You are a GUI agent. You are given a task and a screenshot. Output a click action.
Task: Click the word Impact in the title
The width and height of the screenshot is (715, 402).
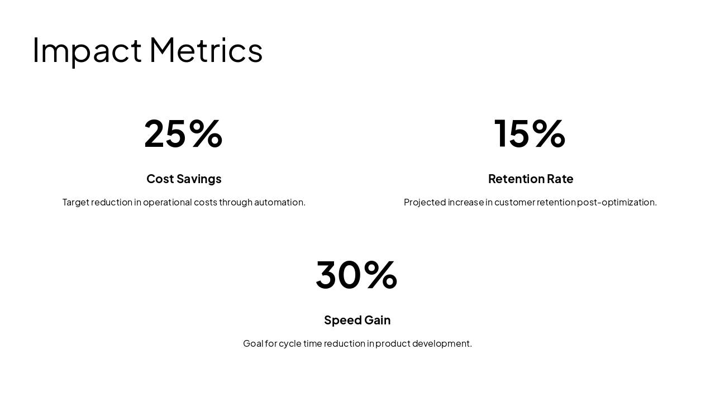tap(87, 50)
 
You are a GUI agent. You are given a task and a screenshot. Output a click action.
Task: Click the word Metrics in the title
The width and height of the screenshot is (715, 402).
tap(206, 50)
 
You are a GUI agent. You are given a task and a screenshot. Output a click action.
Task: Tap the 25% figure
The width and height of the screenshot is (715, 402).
tap(183, 133)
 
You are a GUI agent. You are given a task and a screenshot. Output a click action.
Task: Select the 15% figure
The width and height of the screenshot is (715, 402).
tap(530, 133)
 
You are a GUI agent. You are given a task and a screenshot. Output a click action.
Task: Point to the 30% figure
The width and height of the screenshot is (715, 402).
tap(356, 275)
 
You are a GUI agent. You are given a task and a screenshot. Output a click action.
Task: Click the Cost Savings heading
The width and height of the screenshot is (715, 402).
tap(184, 179)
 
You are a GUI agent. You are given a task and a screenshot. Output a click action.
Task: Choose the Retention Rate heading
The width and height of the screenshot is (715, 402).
tap(531, 179)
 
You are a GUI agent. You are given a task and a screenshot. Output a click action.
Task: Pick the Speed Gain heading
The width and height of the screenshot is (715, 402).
tap(357, 320)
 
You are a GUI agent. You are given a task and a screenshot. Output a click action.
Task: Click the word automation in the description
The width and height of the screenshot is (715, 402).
tap(279, 202)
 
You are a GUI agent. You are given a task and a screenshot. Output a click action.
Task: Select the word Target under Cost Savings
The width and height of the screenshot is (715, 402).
tap(75, 202)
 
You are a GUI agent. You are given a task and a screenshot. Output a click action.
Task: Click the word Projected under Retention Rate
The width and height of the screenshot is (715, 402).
tap(425, 202)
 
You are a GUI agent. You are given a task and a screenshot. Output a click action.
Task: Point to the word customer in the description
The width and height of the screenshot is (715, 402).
tap(514, 202)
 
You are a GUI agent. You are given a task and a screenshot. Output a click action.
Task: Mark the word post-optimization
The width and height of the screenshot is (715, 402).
tap(617, 202)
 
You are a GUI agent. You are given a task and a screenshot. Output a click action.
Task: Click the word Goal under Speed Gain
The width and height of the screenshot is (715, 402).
tap(253, 343)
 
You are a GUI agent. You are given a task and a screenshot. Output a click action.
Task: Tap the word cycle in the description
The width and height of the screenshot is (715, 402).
tap(290, 343)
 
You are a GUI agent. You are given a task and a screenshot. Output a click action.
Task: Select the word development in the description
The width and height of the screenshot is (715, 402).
tap(442, 343)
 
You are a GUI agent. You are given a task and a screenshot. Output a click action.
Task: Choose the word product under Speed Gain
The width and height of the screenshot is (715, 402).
tap(393, 343)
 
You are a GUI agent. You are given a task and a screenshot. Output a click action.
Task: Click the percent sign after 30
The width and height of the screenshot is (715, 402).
tap(380, 275)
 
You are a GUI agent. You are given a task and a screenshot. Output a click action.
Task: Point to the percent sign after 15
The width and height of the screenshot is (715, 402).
tap(549, 133)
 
